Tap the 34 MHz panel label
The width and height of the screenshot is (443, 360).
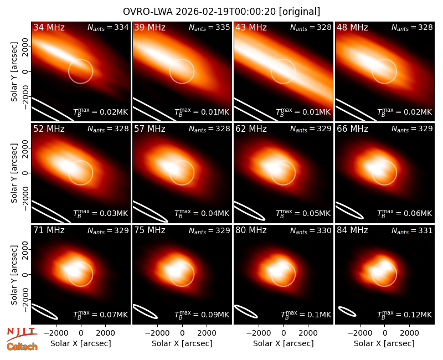point(49,27)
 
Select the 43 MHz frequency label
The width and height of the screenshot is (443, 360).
point(251,27)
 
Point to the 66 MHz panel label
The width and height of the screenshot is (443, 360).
point(352,129)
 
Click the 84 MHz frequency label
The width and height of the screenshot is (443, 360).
point(352,230)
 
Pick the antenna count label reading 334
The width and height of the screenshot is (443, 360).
point(108,27)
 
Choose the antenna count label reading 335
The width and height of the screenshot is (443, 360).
point(209,27)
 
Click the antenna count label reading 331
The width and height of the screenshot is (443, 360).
point(412,230)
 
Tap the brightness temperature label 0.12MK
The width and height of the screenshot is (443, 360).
point(405,314)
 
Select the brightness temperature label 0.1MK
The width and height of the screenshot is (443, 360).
point(306,314)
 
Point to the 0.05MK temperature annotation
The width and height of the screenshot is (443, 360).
point(303,213)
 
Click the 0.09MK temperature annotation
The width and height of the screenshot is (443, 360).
point(202,314)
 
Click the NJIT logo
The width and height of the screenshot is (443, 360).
point(22,334)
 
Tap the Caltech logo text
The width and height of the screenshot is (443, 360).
point(22,347)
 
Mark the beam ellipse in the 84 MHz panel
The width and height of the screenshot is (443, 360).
point(347,311)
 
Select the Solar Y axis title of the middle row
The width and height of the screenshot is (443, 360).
point(14,173)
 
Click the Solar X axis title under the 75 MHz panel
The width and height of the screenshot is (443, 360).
point(182,343)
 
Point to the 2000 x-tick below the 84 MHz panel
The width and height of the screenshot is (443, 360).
point(409,333)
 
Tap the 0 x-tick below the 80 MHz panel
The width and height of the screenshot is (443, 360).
point(284,333)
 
